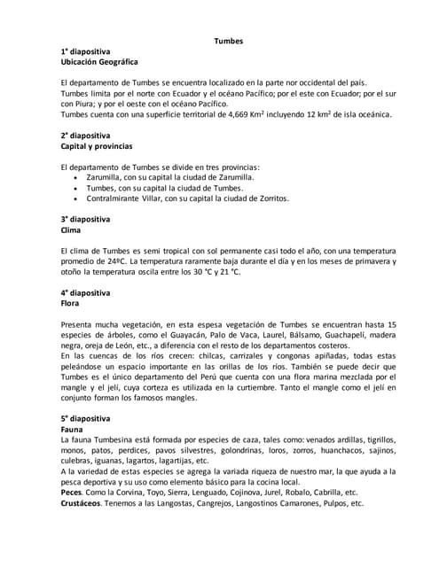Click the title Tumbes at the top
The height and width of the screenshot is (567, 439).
(x=228, y=41)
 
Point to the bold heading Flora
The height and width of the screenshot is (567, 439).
(x=70, y=302)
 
